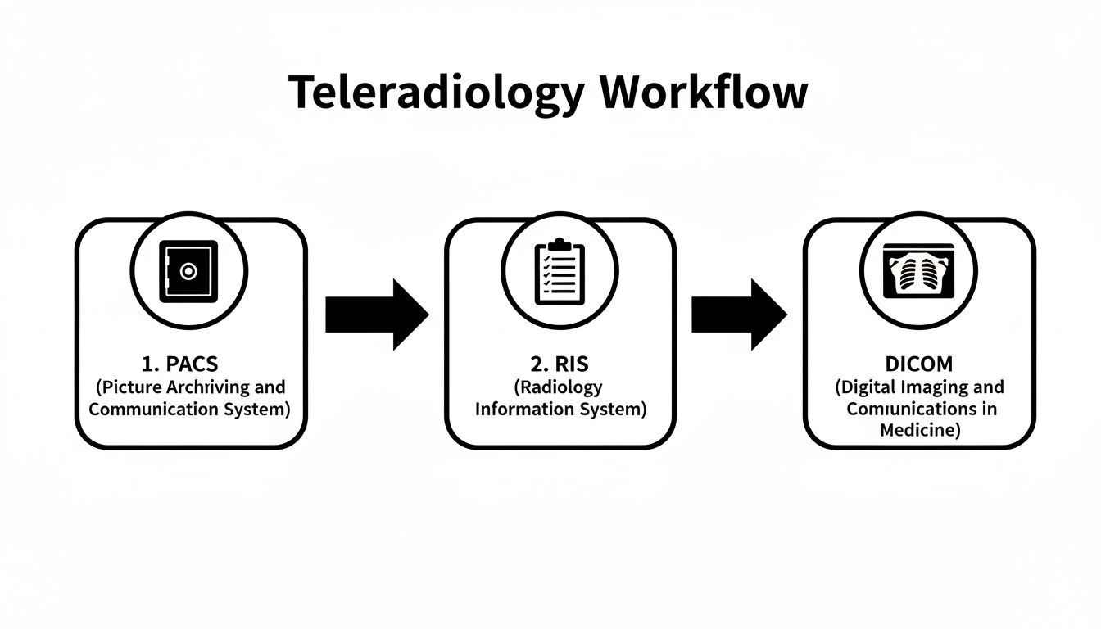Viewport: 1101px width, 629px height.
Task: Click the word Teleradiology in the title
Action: tap(436, 93)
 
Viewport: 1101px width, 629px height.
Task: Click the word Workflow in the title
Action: tap(703, 93)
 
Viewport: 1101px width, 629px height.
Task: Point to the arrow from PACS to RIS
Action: tap(377, 314)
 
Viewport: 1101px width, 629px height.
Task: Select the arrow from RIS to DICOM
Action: tap(739, 314)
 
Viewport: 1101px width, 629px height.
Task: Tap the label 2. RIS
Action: tap(560, 364)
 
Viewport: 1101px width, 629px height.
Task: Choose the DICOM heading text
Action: tap(918, 364)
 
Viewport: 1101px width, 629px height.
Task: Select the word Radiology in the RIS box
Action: tap(560, 387)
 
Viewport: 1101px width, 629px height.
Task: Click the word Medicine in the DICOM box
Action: tap(917, 430)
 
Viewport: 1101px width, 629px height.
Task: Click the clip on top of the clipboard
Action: tap(560, 244)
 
